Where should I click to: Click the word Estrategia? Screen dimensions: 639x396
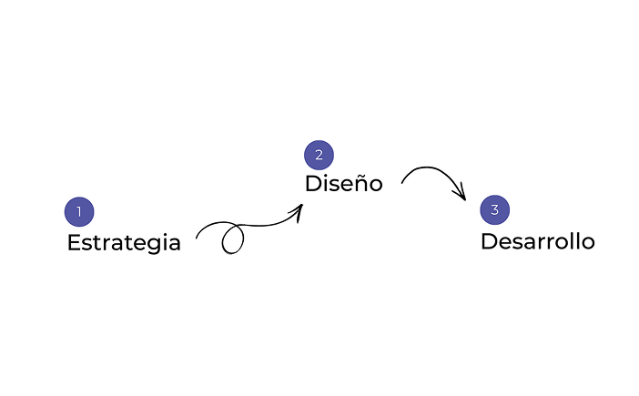[x=124, y=243]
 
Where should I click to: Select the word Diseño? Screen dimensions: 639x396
[x=344, y=183]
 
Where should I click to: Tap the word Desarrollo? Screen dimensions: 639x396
[x=538, y=241]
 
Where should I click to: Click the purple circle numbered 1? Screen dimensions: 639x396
[x=79, y=212]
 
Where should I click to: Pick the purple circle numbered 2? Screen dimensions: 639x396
[x=319, y=156]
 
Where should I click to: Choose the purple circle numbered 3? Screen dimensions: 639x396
[x=495, y=209]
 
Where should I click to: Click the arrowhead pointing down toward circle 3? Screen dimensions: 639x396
[x=461, y=194]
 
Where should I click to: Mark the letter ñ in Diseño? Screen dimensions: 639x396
[x=359, y=183]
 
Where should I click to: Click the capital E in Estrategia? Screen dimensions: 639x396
[x=74, y=242]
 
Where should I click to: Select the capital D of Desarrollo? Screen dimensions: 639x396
[x=490, y=241]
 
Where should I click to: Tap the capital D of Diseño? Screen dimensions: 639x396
[x=313, y=183]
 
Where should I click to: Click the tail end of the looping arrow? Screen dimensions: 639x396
[x=197, y=238]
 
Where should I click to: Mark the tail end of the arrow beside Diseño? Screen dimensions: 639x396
[x=401, y=182]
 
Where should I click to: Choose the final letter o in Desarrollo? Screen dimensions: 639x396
[x=588, y=243]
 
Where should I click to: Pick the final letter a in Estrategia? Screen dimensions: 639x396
[x=175, y=245]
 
